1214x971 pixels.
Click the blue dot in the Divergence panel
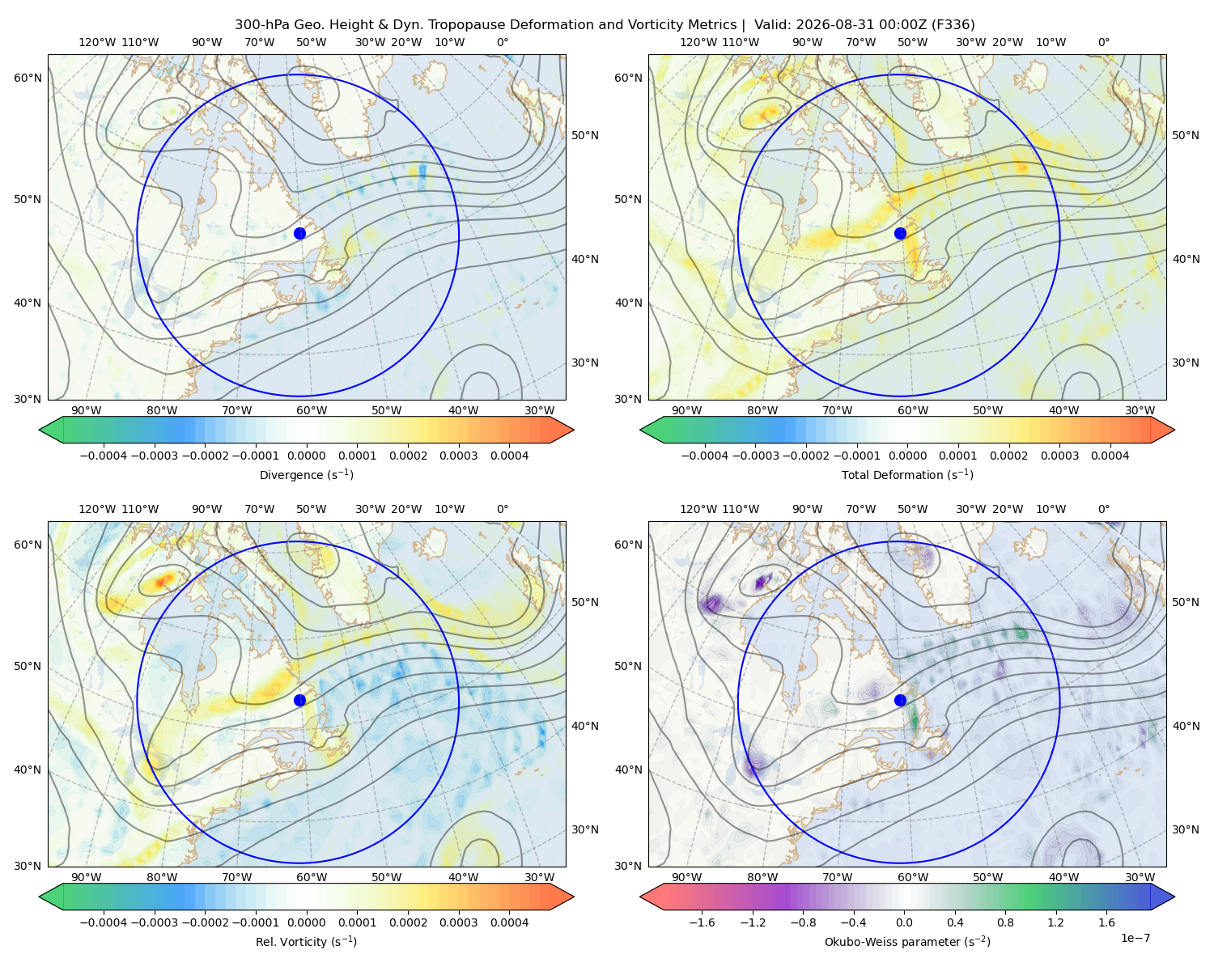[x=299, y=234]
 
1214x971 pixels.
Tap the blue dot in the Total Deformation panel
[x=900, y=234]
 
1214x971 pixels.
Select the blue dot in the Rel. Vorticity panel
[x=299, y=700]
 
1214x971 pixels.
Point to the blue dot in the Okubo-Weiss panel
[x=900, y=700]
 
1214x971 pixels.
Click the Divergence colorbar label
[x=306, y=475]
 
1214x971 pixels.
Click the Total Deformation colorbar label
[x=907, y=475]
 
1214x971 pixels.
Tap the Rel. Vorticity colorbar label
[x=306, y=942]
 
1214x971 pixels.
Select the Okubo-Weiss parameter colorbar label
[x=907, y=942]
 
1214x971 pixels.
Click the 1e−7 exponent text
[x=1135, y=938]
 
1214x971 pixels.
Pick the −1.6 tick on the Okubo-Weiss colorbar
[x=702, y=922]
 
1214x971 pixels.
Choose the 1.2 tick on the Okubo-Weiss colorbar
[x=1055, y=922]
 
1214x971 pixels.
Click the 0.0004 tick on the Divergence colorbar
[x=509, y=456]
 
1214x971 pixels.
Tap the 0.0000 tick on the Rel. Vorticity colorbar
[x=306, y=922]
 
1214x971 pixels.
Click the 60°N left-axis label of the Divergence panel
[x=28, y=78]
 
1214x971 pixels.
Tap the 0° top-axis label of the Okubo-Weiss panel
[x=1103, y=509]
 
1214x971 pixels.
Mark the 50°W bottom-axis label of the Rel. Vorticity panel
[x=386, y=877]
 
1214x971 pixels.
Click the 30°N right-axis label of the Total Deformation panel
[x=1186, y=363]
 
